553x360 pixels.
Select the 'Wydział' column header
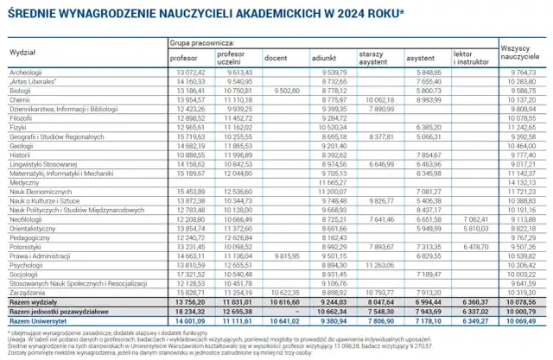tap(22, 53)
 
